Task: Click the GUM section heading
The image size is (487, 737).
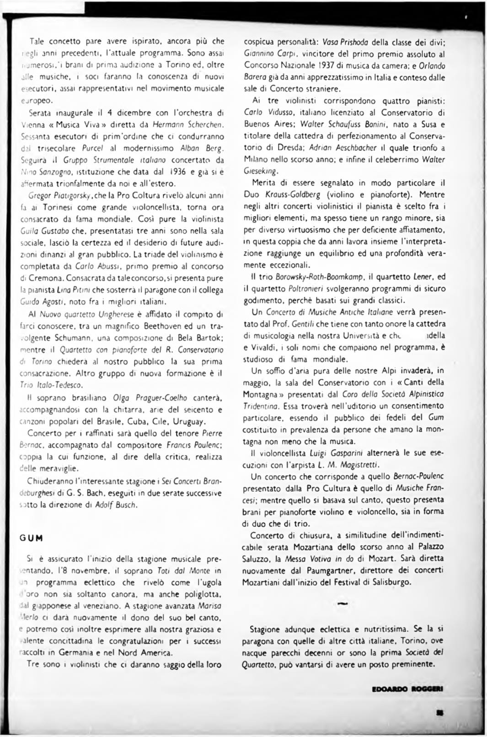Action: pyautogui.click(x=31, y=538)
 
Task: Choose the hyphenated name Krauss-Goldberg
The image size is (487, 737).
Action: pyautogui.click(x=293, y=194)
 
